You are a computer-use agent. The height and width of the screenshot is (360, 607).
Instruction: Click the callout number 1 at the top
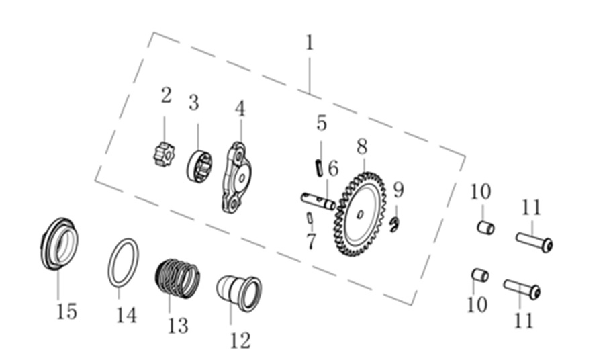[x=310, y=43]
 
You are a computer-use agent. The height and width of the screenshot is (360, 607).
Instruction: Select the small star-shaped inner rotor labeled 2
[x=163, y=154]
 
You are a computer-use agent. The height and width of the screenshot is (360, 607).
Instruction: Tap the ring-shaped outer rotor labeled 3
[x=199, y=167]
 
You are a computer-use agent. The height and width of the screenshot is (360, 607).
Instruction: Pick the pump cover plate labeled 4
[x=236, y=177]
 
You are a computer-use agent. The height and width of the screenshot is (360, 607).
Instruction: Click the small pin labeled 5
[x=319, y=168]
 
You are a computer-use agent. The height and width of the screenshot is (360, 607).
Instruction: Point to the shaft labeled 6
[x=318, y=201]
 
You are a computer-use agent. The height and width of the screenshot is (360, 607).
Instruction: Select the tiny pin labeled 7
[x=310, y=218]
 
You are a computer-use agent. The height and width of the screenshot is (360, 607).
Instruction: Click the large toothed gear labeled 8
[x=360, y=214]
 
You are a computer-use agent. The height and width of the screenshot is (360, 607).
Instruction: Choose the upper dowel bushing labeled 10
[x=485, y=227]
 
